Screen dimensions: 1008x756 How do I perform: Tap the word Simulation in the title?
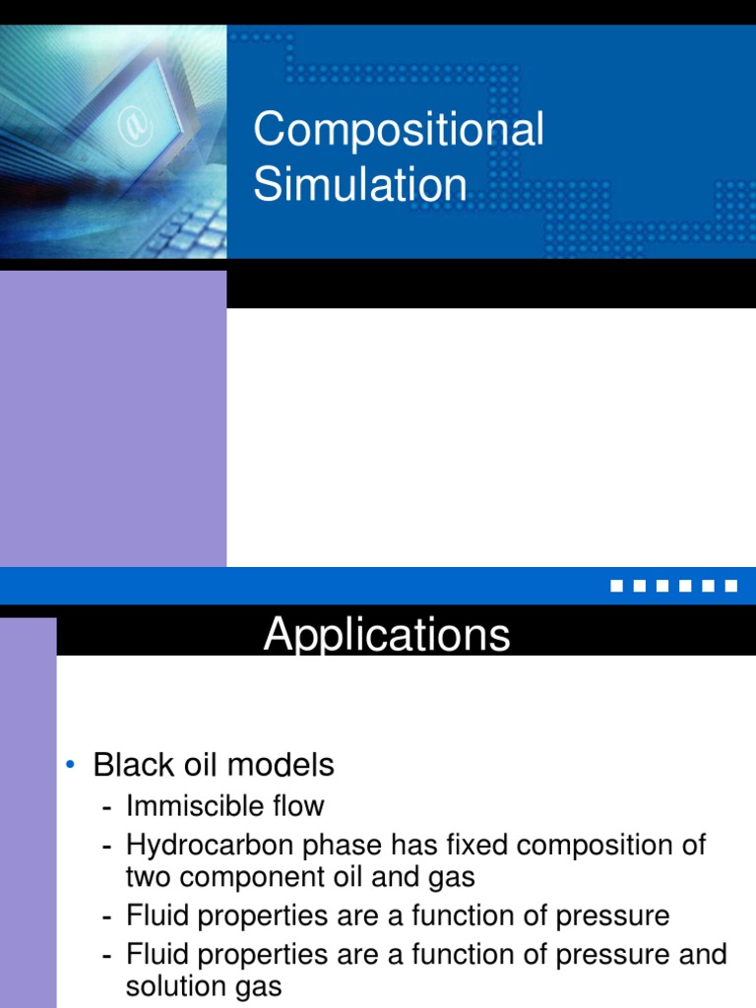point(360,185)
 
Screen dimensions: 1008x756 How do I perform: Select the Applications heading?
point(387,635)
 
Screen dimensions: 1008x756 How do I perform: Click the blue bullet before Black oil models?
point(71,766)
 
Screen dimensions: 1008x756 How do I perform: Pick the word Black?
point(134,765)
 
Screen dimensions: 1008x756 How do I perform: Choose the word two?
point(148,876)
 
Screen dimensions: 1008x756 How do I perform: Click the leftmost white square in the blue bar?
point(616,587)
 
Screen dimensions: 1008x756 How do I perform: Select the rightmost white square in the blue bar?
point(730,587)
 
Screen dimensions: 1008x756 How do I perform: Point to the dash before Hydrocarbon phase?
point(106,847)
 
